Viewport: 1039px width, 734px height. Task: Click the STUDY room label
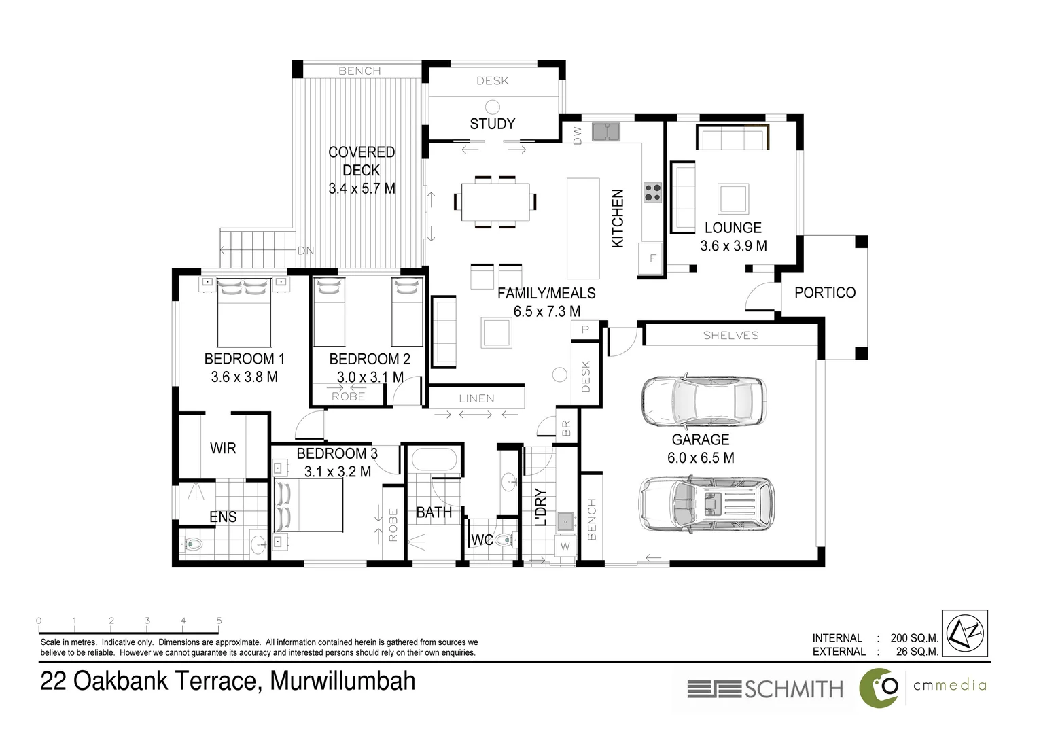(x=492, y=124)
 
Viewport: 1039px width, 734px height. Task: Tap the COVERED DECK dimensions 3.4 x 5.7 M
(x=362, y=188)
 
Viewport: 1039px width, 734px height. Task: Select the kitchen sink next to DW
(x=605, y=131)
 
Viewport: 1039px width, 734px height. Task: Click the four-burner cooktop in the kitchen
(x=653, y=192)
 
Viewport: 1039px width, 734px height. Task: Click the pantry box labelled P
(x=584, y=330)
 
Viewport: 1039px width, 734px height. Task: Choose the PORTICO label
(x=824, y=292)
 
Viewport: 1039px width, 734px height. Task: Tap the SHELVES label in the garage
(x=730, y=335)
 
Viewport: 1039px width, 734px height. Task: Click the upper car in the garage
(x=703, y=400)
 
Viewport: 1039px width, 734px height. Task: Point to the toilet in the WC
(x=504, y=540)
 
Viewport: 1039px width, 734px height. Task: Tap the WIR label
(x=223, y=448)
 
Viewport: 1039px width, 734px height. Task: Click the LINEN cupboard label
(x=476, y=398)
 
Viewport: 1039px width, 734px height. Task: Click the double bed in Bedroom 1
(x=244, y=313)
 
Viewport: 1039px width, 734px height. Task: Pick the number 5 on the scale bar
(x=219, y=621)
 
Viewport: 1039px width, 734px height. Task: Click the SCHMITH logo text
(x=793, y=689)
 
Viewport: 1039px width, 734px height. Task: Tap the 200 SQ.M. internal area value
(x=914, y=637)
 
